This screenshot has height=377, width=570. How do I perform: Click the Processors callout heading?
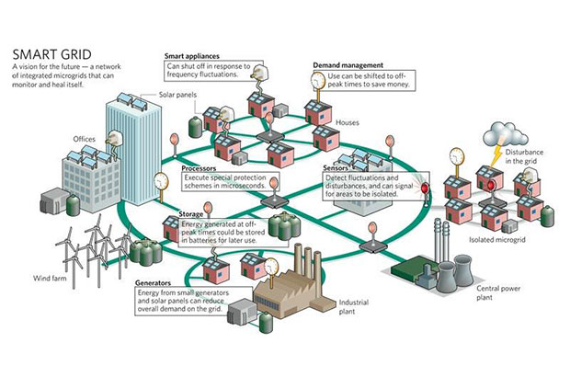point(199,169)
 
